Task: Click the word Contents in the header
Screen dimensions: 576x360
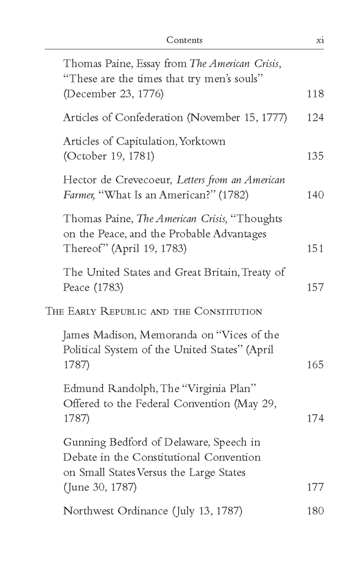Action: tap(184, 40)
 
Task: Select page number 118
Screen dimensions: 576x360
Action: tap(315, 94)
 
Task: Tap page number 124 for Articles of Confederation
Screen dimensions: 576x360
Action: tap(315, 117)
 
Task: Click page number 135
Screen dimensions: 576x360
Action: tap(315, 156)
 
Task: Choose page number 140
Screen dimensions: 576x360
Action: tap(315, 195)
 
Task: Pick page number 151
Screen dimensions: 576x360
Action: tap(315, 249)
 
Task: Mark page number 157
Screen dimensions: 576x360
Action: tap(315, 287)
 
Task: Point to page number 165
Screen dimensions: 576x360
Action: tap(315, 365)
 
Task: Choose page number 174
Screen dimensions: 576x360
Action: tap(315, 419)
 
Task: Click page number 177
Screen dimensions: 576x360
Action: tap(315, 487)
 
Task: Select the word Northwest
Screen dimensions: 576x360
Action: tap(89, 511)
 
